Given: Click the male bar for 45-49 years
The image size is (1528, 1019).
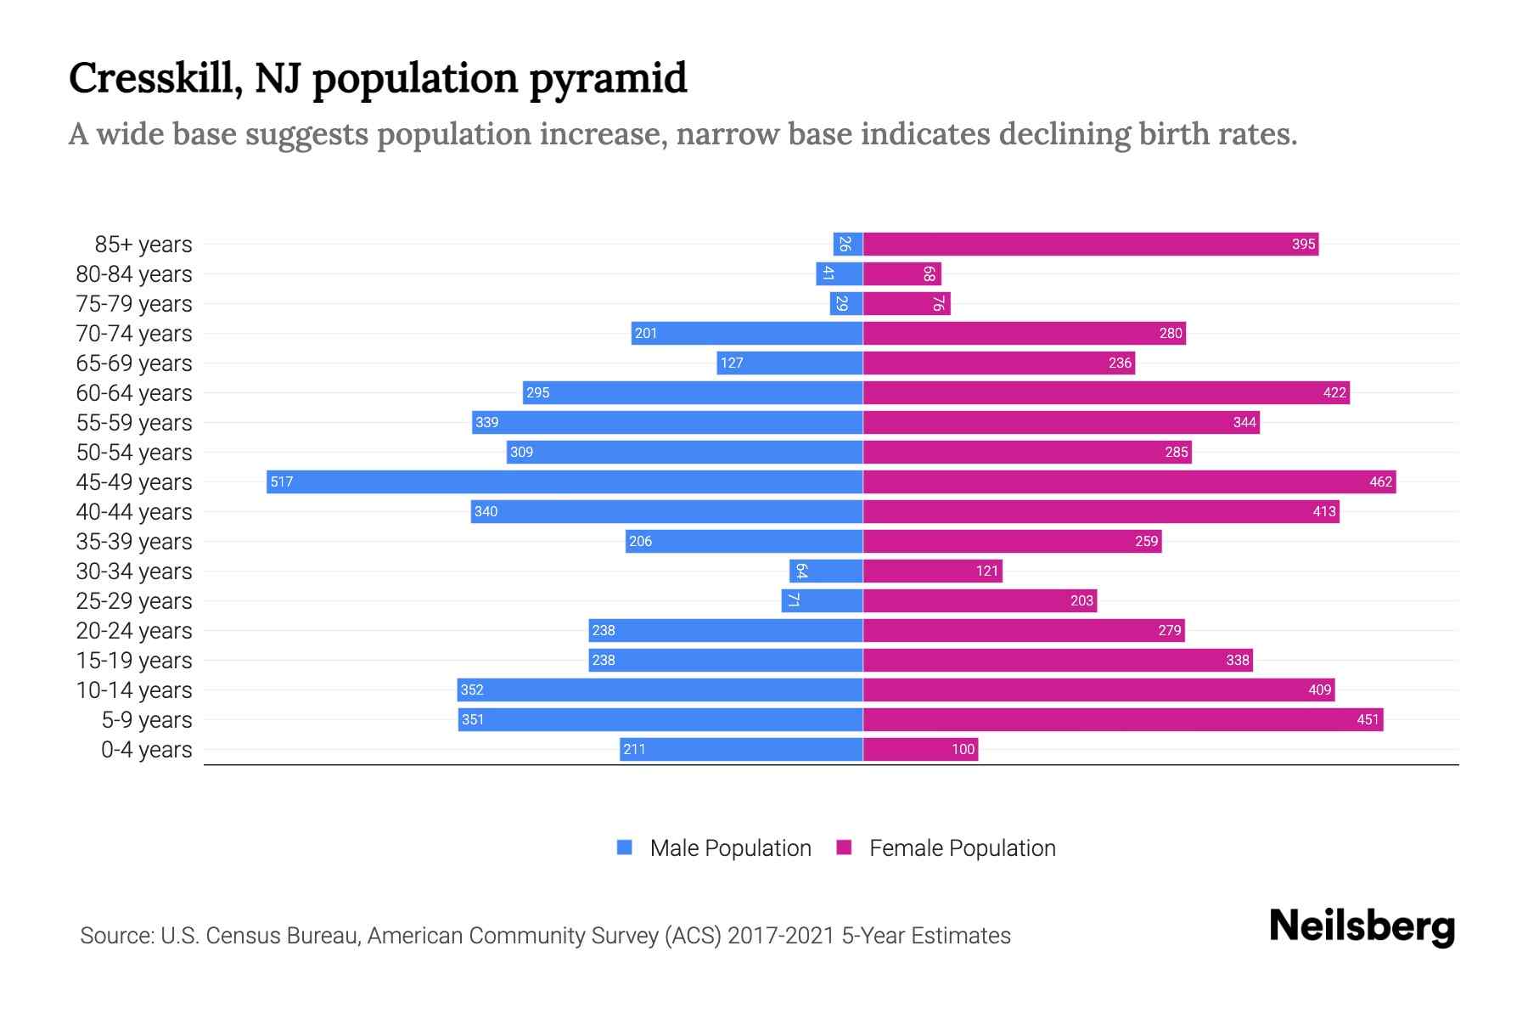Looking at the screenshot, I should pyautogui.click(x=565, y=481).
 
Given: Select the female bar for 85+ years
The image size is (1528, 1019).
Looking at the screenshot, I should pyautogui.click(x=1090, y=244).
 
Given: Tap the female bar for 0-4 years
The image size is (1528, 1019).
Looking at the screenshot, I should pyautogui.click(x=920, y=749).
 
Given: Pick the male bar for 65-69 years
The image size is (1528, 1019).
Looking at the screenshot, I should pyautogui.click(x=789, y=363).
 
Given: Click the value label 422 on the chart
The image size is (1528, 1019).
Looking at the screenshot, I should pyautogui.click(x=1334, y=392).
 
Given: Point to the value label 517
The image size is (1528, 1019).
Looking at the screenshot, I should pyautogui.click(x=281, y=481).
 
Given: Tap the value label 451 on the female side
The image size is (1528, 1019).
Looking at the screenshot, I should pyautogui.click(x=1368, y=719).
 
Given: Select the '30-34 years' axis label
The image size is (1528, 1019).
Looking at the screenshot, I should pyautogui.click(x=134, y=571).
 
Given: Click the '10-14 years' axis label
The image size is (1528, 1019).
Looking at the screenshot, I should pyautogui.click(x=134, y=690).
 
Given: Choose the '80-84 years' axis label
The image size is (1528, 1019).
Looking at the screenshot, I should pyautogui.click(x=134, y=273).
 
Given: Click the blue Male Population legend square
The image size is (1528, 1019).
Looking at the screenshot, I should pyautogui.click(x=625, y=847).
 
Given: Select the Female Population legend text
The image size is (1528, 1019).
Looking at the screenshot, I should pyautogui.click(x=962, y=847).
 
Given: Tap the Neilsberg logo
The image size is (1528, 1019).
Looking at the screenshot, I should pyautogui.click(x=1362, y=926).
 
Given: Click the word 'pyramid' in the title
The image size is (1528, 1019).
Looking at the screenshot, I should pyautogui.click(x=608, y=79).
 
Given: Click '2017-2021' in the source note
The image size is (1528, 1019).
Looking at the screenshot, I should pyautogui.click(x=781, y=935).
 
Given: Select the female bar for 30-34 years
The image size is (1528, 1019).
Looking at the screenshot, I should pyautogui.click(x=932, y=571).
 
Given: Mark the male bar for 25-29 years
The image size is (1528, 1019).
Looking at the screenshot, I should pyautogui.click(x=822, y=600).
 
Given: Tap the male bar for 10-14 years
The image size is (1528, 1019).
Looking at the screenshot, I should pyautogui.click(x=660, y=690).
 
